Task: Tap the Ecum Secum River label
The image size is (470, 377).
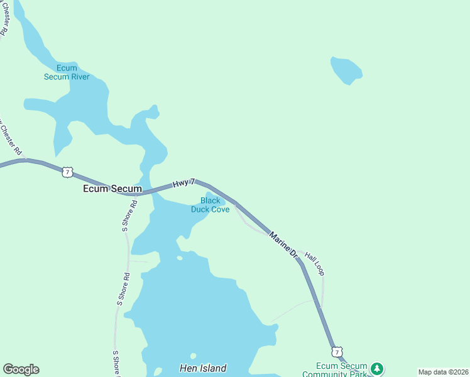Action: [x=67, y=72]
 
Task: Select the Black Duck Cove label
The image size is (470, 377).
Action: [x=210, y=205]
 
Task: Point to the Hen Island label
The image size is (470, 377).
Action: [x=202, y=368]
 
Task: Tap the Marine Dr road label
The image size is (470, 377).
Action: [x=283, y=245]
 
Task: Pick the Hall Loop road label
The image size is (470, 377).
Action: [x=314, y=263]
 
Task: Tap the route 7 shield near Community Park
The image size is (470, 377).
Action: [x=337, y=352]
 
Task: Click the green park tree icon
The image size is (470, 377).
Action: [x=376, y=368]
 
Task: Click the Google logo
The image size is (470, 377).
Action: [x=21, y=369]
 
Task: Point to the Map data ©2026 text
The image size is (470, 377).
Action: [x=442, y=372]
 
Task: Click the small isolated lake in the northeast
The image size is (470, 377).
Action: [x=346, y=70]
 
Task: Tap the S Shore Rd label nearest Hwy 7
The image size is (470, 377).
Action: [x=125, y=216]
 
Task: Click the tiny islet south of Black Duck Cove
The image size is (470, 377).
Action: [x=180, y=258]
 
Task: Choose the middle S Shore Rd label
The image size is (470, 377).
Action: [x=123, y=289]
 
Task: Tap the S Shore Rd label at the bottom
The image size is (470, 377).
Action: [x=116, y=364]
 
